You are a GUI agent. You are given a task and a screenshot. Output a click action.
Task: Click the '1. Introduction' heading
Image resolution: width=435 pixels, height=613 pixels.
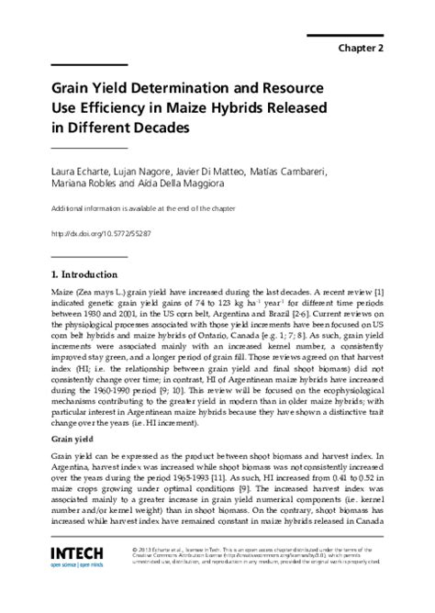(84, 273)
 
